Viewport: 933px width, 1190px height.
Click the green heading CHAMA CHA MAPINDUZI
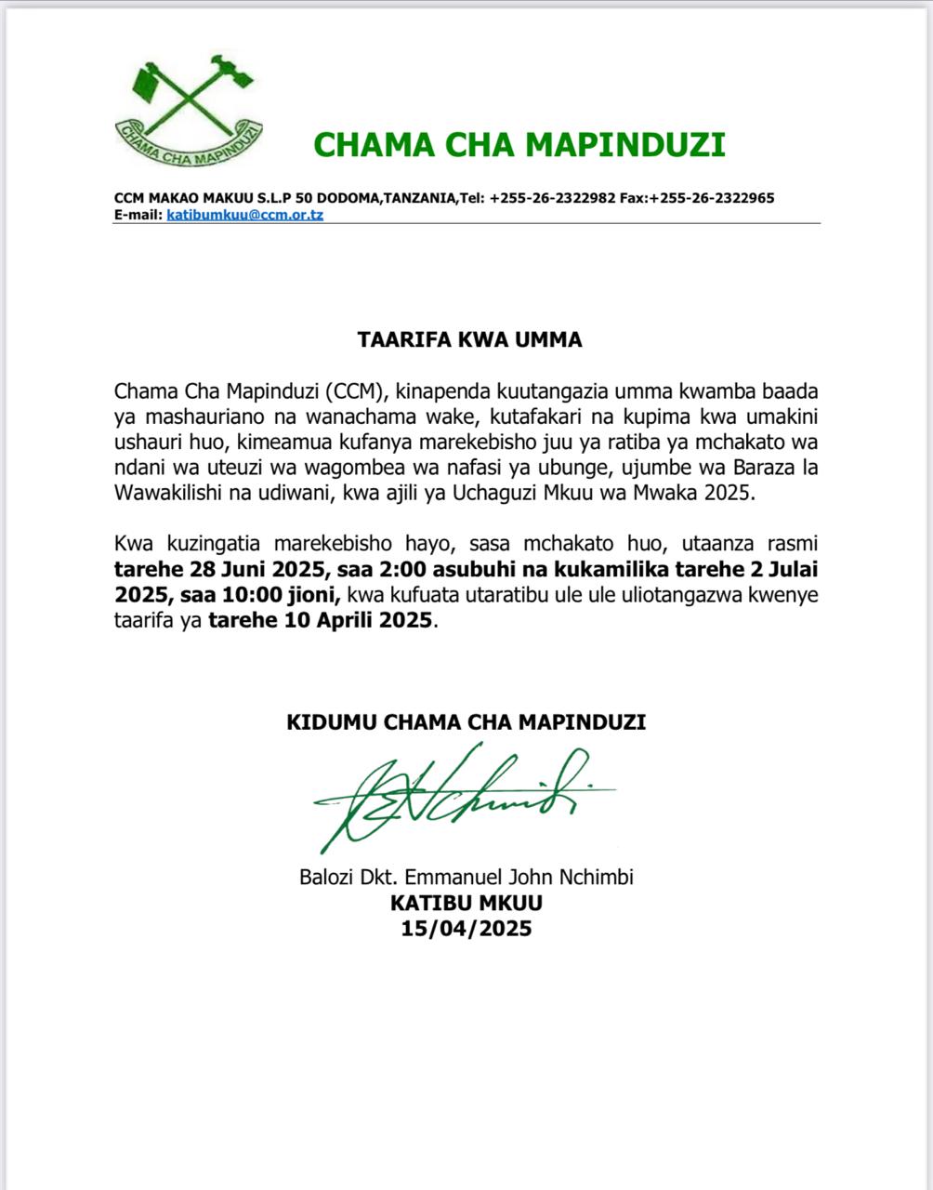tap(519, 145)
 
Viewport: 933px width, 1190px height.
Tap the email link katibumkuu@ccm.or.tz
tap(244, 215)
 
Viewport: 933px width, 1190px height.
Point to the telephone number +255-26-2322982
tap(552, 198)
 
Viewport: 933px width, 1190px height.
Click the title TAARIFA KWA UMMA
tap(469, 339)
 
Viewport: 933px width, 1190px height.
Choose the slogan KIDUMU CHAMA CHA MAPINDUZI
tap(466, 722)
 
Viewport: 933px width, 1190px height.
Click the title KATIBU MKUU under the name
tap(466, 903)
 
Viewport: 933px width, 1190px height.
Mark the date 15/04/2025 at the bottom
tap(466, 928)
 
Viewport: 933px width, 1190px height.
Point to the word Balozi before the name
tap(325, 877)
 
